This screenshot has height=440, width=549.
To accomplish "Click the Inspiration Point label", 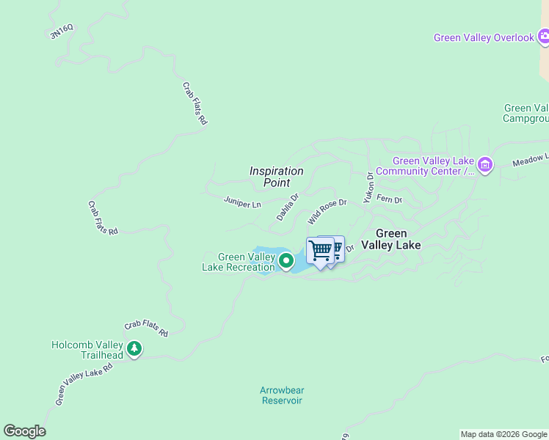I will click(276, 177).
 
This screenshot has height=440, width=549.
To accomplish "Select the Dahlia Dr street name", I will click(288, 207).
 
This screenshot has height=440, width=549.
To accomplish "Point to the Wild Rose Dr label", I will click(327, 211).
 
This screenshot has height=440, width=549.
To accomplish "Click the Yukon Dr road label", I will click(370, 187).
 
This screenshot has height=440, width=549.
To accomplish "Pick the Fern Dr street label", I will click(389, 199).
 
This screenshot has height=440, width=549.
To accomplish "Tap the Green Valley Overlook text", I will click(484, 37).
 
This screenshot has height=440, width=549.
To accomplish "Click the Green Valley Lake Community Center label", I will click(433, 166).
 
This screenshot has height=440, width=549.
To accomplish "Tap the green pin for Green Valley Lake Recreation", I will click(286, 260).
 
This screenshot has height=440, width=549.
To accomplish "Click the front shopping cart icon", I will click(320, 251).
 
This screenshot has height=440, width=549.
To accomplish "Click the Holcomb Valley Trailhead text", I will click(87, 350).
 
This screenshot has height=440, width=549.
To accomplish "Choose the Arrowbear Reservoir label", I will click(282, 395).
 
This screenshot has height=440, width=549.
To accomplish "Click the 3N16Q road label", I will click(62, 31).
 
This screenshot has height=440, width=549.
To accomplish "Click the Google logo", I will click(24, 431).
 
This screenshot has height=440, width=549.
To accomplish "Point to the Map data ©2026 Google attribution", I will click(503, 434).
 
